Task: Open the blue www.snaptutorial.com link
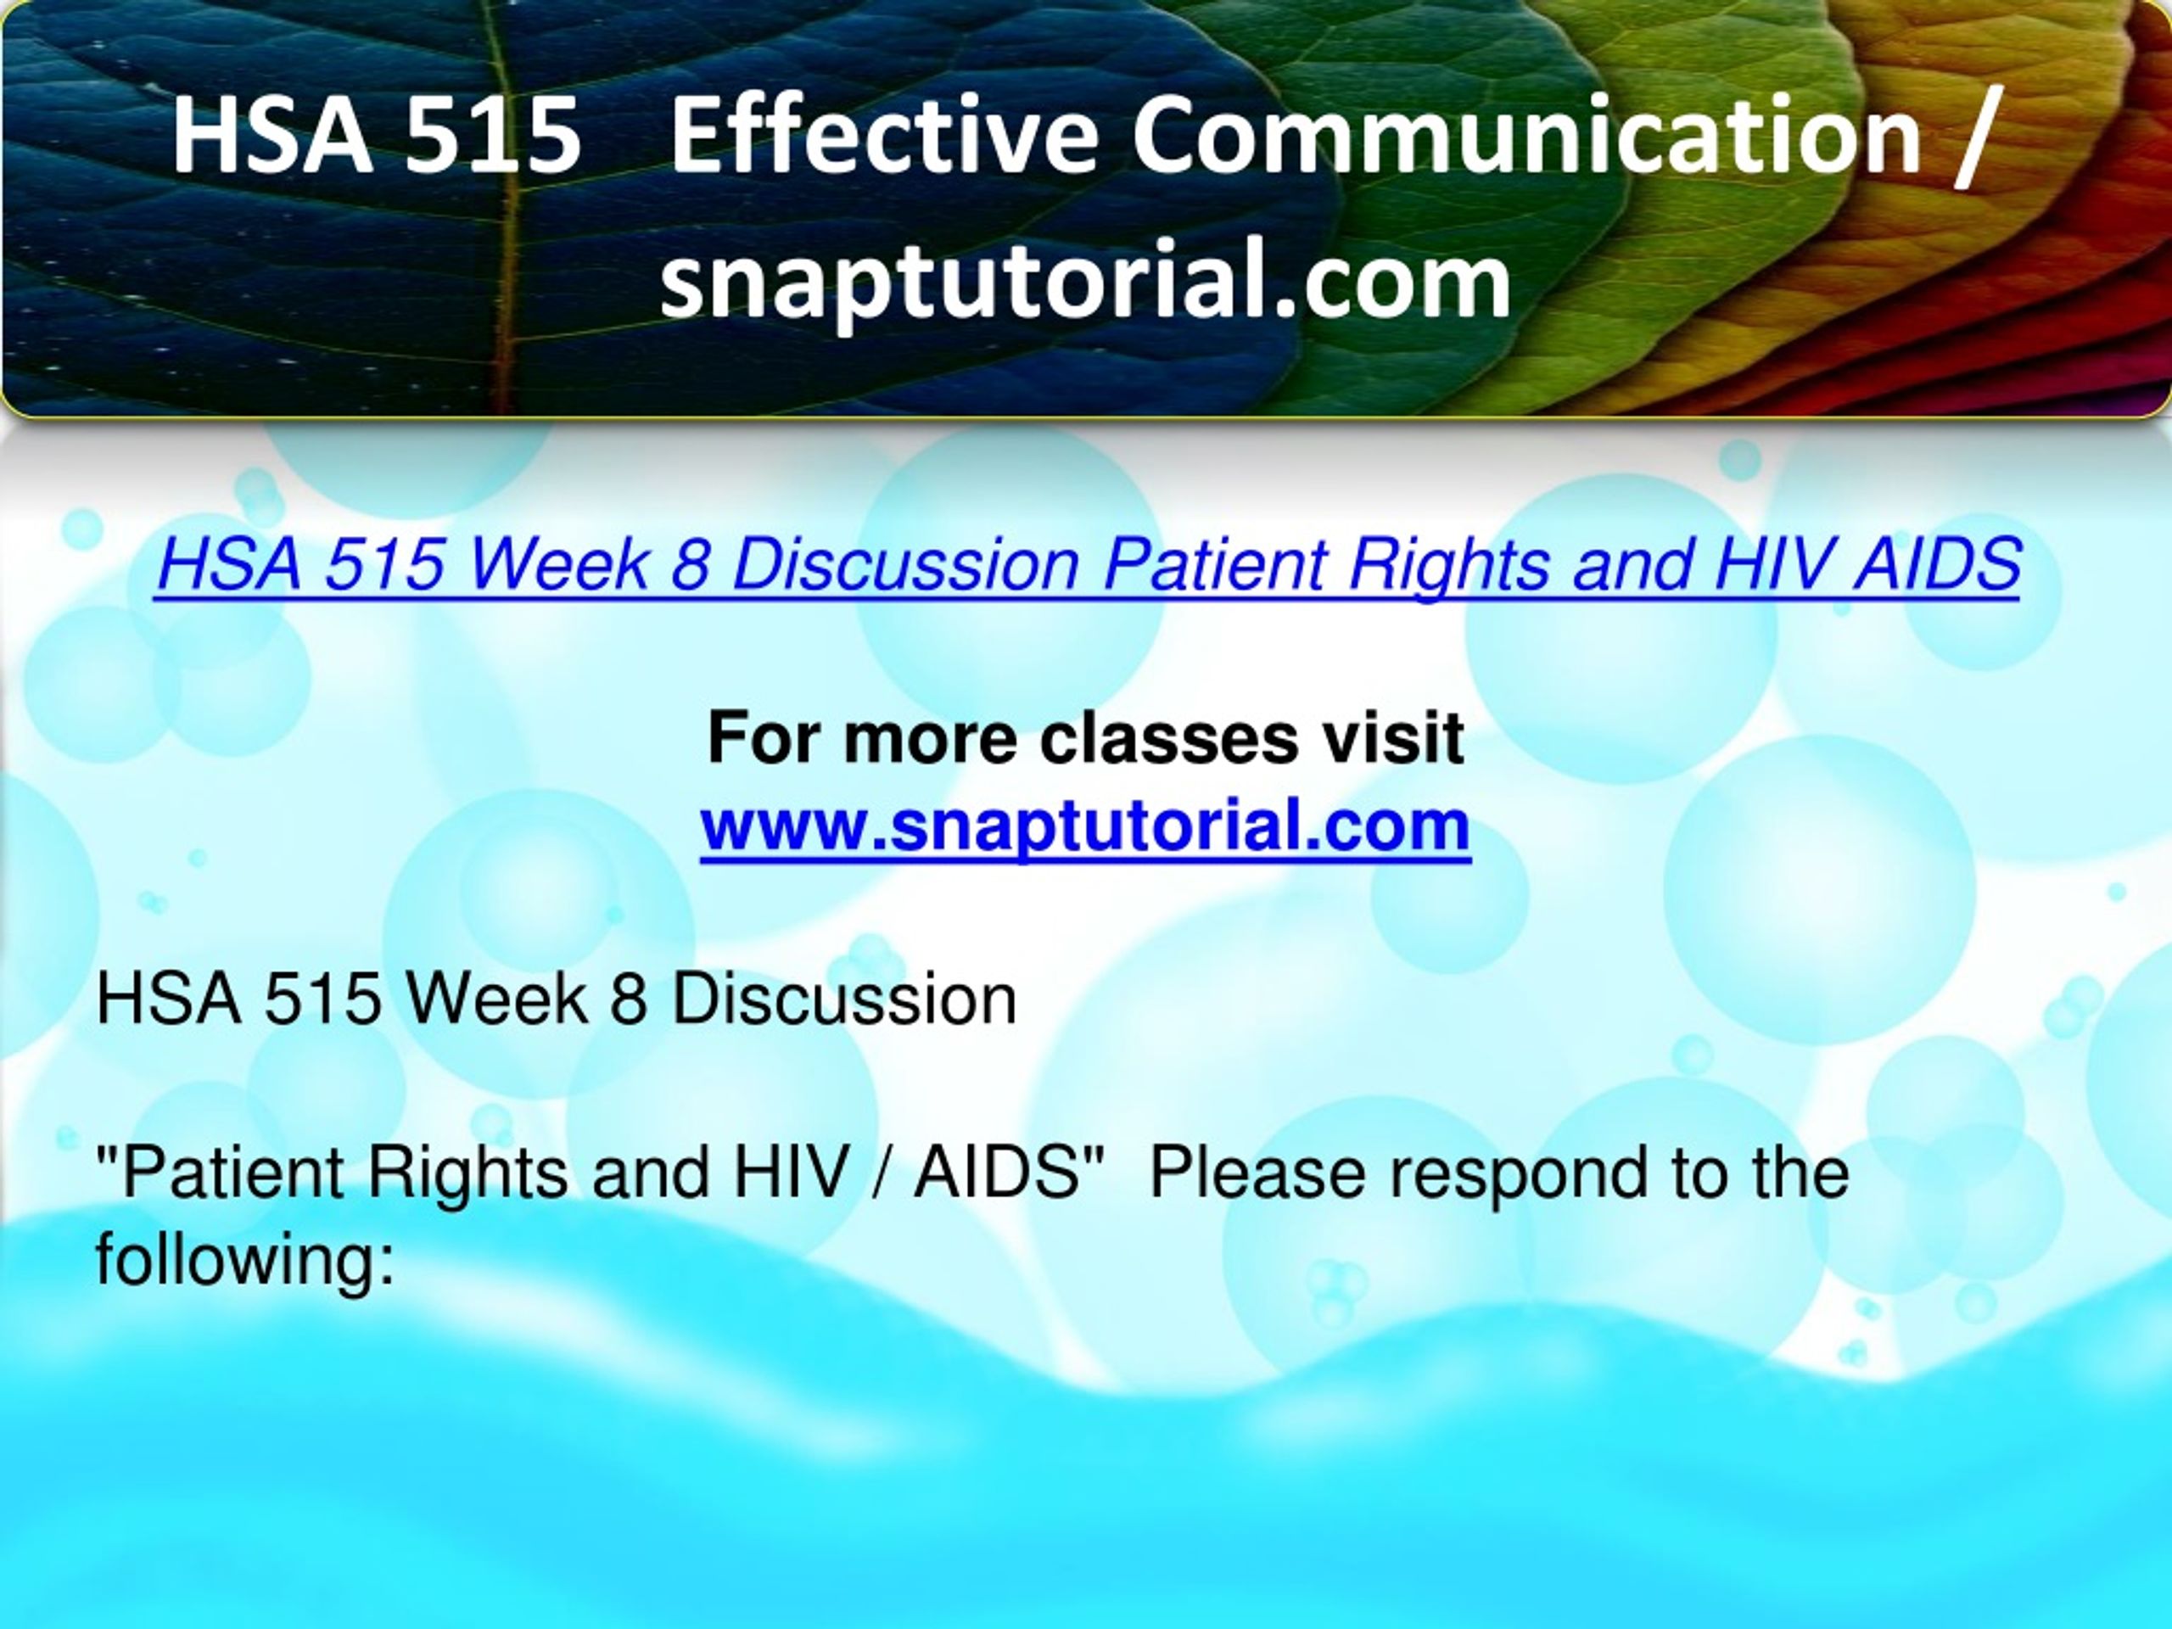[x=1085, y=826]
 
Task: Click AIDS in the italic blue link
[x=1935, y=566]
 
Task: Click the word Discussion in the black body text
[x=843, y=999]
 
